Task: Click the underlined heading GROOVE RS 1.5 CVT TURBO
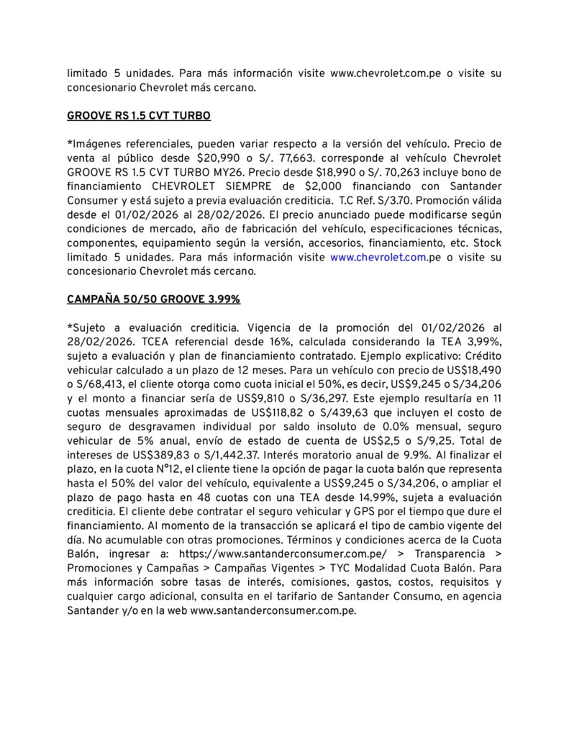point(138,116)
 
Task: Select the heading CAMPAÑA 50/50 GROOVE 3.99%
point(153,298)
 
